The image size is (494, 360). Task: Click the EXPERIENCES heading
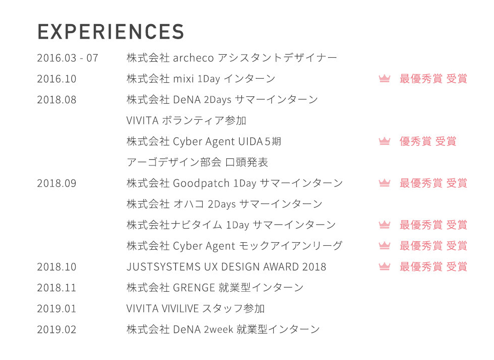coord(110,32)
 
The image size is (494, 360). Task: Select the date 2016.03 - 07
coord(67,58)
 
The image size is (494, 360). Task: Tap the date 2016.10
coord(57,79)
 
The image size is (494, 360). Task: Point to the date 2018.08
coord(57,100)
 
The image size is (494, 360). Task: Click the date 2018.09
coord(57,184)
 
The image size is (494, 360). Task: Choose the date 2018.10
coord(57,267)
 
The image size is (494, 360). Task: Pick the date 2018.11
coord(57,288)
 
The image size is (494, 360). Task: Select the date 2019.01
coord(57,309)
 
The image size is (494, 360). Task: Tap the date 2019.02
coord(57,330)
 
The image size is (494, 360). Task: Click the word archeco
coord(194,58)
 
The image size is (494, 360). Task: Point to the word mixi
coord(184,79)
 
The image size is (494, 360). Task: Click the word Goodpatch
coord(201,184)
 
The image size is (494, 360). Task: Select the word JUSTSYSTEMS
coord(163,267)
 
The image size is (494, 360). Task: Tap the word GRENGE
coord(194,288)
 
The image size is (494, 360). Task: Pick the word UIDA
coord(250,142)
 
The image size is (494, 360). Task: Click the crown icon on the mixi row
coord(384,79)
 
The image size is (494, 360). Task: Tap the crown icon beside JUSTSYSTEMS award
coord(384,267)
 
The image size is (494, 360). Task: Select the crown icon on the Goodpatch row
coord(384,183)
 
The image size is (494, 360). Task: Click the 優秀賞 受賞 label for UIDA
coord(428,141)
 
